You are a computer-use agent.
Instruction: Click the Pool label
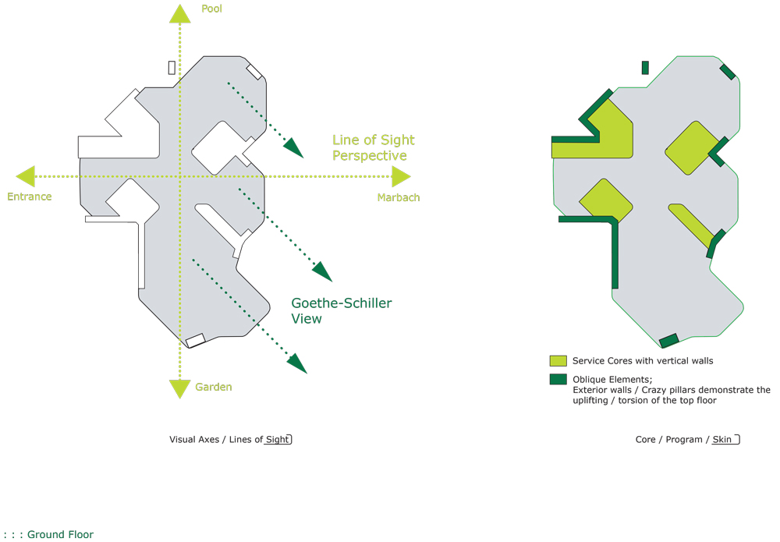[x=211, y=9]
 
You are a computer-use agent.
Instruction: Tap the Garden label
[x=214, y=387]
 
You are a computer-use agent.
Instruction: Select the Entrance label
[x=30, y=197]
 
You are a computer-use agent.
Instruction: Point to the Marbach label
[x=399, y=197]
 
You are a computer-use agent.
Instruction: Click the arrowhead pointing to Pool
[x=180, y=13]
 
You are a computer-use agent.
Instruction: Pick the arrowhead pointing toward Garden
[x=180, y=389]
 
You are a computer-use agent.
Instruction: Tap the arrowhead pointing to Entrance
[x=26, y=176]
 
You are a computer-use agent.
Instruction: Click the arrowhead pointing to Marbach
[x=402, y=176]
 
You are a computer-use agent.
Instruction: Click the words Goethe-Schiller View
[x=342, y=311]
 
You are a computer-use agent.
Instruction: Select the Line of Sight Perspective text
[x=373, y=147]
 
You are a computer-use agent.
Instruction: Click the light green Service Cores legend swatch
[x=558, y=361]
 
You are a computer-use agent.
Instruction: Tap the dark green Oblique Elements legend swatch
[x=558, y=379]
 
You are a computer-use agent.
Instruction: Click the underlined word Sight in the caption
[x=277, y=440]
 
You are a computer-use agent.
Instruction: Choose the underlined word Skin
[x=721, y=440]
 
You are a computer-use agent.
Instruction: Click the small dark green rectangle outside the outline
[x=645, y=68]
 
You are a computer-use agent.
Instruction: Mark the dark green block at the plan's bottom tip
[x=669, y=341]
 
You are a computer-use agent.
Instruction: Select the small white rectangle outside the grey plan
[x=172, y=68]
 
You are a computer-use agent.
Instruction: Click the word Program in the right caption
[x=684, y=440]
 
